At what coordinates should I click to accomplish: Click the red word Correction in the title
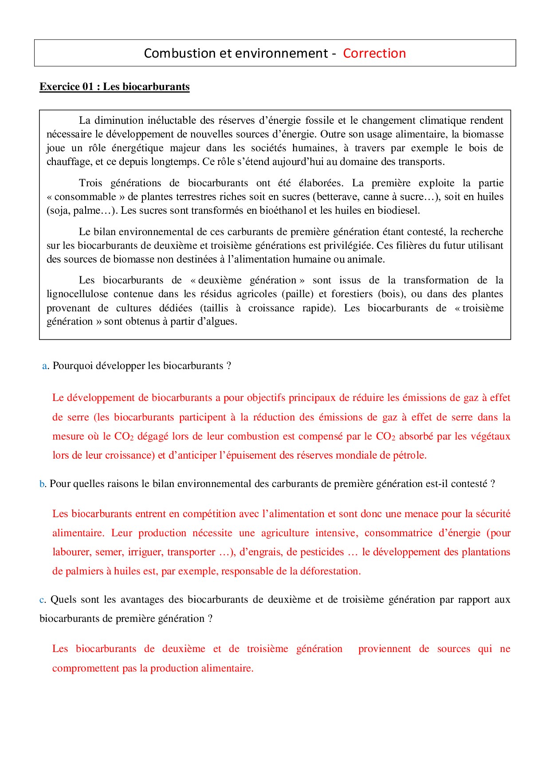coord(374,53)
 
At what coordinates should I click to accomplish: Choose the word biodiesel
coord(398,210)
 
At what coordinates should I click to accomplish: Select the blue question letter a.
coord(44,366)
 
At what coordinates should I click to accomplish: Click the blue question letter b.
coord(42,484)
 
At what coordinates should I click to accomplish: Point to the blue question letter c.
coord(42,600)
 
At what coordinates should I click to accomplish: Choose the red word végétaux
coord(491,436)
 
